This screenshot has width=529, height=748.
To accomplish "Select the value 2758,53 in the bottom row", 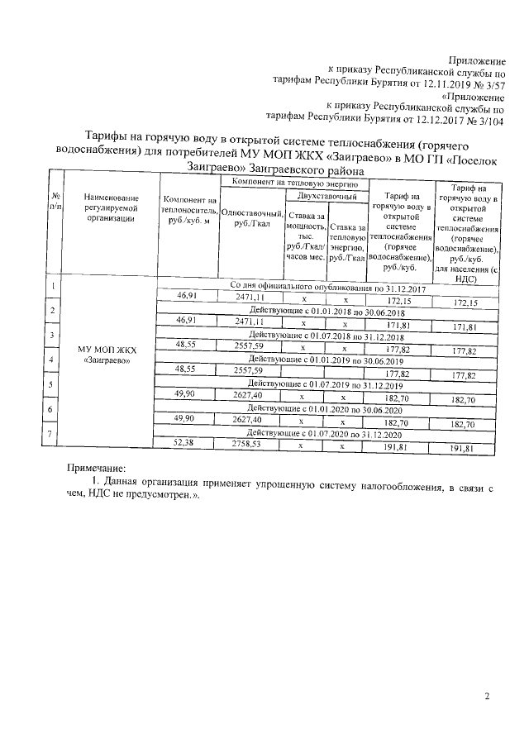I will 249,447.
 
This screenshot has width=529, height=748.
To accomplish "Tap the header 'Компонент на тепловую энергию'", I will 294,181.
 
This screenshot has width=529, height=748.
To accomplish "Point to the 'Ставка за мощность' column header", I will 305,236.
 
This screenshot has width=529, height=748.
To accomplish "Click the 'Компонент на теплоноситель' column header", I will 189,223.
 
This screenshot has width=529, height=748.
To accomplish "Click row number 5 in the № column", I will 53,385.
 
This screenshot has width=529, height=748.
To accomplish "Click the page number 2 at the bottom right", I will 487,696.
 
